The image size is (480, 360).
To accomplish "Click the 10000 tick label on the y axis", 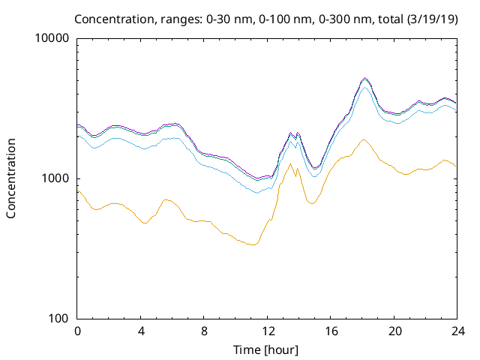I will point(54,38).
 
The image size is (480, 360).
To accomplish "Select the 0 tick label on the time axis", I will point(77,331).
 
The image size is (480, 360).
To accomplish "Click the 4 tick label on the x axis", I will point(141,331).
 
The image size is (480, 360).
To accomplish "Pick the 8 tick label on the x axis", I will point(204,331).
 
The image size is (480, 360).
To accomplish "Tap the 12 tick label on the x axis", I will point(268,331).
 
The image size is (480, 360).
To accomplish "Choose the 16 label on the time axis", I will point(331,331).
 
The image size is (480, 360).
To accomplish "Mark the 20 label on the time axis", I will point(394,331).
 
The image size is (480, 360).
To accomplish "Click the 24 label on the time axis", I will point(457,331).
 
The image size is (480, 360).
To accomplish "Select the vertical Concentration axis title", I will point(11,178).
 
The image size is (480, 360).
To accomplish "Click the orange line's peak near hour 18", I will point(364,139).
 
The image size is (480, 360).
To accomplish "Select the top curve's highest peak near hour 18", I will point(364,77).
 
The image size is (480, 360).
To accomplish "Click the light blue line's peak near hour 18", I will point(364,88).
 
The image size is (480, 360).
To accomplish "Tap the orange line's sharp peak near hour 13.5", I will point(290,163).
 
